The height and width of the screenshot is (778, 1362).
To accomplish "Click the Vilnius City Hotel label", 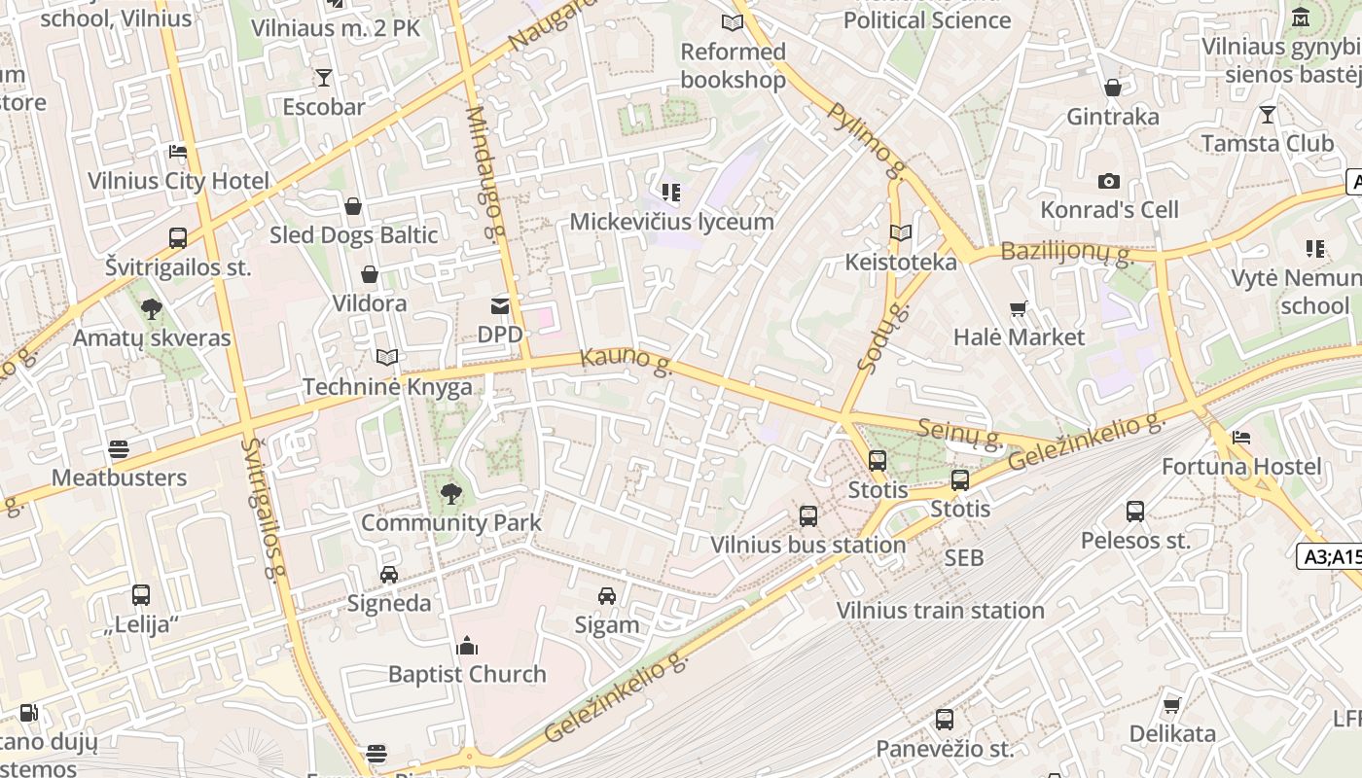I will pos(178,181).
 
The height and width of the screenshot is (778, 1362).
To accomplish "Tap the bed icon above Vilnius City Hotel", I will pos(178,152).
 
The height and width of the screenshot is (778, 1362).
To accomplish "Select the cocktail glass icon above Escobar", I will pos(324,77).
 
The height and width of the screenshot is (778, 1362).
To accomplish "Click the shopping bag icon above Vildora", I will pos(370,274).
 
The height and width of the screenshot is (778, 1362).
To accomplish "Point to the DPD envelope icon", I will pos(500,306).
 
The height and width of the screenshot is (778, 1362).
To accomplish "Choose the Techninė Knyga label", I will pos(387,387).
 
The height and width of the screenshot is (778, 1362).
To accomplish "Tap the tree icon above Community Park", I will pos(450,494).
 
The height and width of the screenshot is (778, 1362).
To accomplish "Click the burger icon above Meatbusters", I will pos(119,449).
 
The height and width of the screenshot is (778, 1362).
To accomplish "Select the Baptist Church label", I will pos(467,674).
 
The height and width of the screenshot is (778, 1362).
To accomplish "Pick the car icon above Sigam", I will pos(607,595).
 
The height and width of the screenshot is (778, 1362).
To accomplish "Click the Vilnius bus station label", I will pos(808,545).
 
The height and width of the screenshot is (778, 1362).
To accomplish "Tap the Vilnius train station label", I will pos(941,611).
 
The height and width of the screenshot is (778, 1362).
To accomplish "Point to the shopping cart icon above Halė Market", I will pos(1019,309).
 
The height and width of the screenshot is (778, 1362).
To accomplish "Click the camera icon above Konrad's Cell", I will pos(1108,181).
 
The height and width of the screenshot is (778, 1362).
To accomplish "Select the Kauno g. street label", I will pos(627,359).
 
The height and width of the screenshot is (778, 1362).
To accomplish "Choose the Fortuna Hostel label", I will pos(1241,467).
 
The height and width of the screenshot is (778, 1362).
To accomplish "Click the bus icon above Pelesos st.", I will pos(1135,512).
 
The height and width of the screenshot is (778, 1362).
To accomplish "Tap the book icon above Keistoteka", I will pos(901,233).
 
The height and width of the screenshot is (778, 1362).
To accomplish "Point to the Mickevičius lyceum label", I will pos(671,222).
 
